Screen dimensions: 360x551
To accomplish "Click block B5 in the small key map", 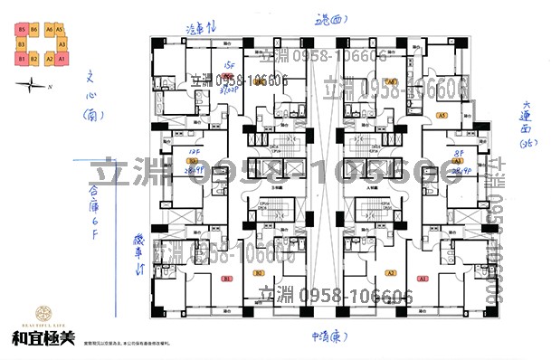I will point(20,30).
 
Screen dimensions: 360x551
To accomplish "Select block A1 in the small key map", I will point(62,58).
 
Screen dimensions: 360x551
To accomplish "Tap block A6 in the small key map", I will point(48,30).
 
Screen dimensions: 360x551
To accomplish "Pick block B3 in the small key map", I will point(20,43).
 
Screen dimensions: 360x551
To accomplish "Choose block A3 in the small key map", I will point(62,43).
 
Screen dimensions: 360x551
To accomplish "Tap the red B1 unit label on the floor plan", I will point(227,278).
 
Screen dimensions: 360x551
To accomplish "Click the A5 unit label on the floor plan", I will point(442,116).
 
